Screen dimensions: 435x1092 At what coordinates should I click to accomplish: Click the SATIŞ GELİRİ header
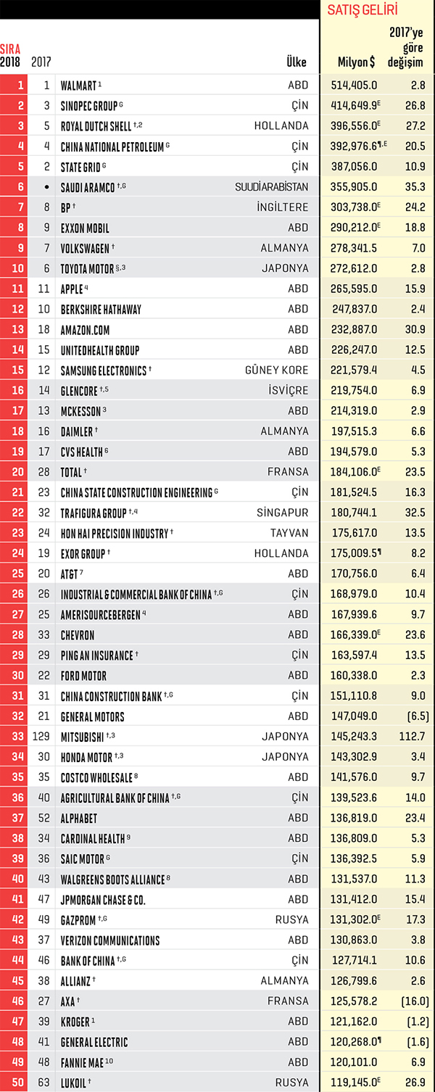click(362, 9)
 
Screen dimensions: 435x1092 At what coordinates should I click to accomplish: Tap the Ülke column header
click(297, 62)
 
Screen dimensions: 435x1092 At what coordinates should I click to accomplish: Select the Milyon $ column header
click(357, 62)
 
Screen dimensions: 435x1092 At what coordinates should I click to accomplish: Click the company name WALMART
click(78, 86)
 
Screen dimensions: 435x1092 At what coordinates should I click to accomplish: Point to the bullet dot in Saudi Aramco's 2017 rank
click(46, 187)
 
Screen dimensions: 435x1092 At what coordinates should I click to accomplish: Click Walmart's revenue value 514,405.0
click(354, 86)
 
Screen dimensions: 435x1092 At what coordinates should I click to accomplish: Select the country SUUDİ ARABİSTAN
click(272, 186)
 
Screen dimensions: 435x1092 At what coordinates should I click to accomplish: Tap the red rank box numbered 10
click(14, 268)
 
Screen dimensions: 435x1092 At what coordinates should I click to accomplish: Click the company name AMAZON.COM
click(85, 330)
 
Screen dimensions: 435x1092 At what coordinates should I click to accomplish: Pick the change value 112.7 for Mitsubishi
click(412, 736)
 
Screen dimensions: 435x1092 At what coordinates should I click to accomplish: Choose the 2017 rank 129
click(41, 736)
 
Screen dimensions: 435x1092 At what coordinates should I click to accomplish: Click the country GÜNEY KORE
click(276, 370)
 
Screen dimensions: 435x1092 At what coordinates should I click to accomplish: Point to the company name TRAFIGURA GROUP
click(93, 513)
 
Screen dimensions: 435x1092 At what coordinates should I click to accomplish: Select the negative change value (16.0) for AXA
click(415, 1001)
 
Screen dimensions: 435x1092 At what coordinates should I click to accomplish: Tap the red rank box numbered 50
click(14, 1083)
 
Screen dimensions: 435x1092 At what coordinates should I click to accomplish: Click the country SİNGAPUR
click(282, 513)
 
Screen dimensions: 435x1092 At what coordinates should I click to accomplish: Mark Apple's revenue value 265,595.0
click(354, 289)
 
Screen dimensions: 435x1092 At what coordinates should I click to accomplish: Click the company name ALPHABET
click(78, 819)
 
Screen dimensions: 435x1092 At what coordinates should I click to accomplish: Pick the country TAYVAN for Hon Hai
click(290, 533)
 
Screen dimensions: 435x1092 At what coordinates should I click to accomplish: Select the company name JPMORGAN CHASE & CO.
click(103, 900)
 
